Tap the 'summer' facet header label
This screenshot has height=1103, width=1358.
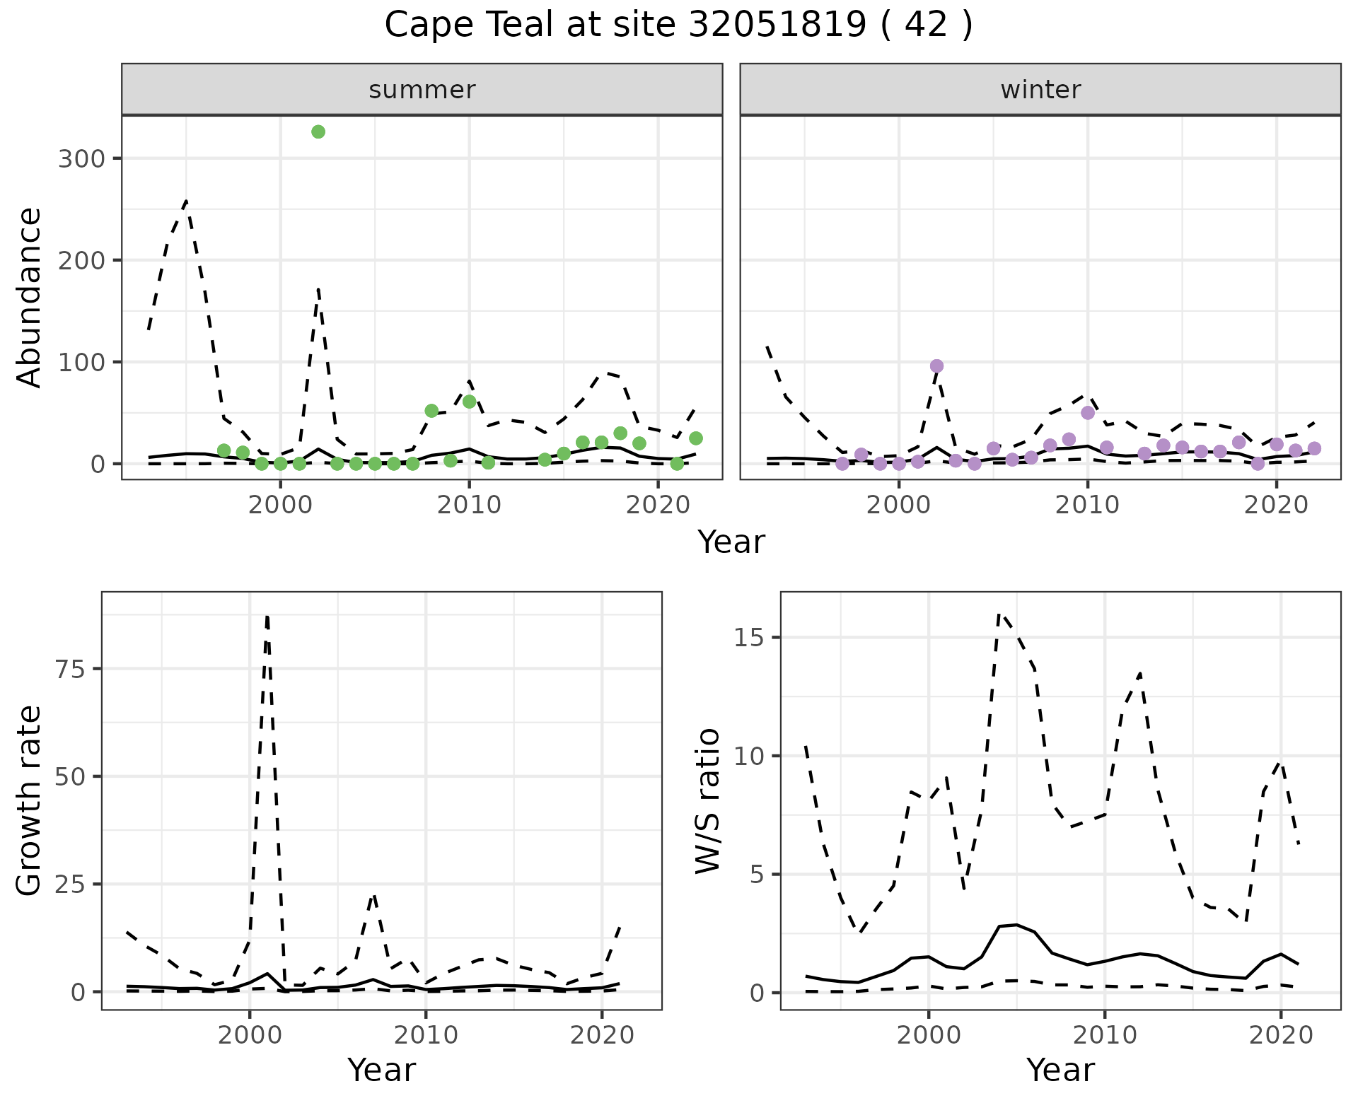coord(422,90)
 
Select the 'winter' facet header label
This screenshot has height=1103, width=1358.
coord(1040,90)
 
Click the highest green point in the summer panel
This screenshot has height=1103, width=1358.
coord(318,132)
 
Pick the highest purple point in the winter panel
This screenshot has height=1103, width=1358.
coord(936,366)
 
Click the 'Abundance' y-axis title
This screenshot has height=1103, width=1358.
coord(30,297)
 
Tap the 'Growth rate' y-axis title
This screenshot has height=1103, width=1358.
coord(30,800)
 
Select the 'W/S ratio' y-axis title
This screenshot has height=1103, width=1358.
coord(707,800)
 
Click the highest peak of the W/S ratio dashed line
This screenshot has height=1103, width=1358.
coord(999,614)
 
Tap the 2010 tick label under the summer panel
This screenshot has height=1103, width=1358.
coord(469,505)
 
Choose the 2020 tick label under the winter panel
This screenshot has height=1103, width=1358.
coord(1277,505)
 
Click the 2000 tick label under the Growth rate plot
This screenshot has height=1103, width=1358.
coord(249,1035)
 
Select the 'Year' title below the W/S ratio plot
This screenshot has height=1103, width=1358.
coord(1060,1070)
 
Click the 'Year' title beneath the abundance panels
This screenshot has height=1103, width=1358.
coord(731,542)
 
